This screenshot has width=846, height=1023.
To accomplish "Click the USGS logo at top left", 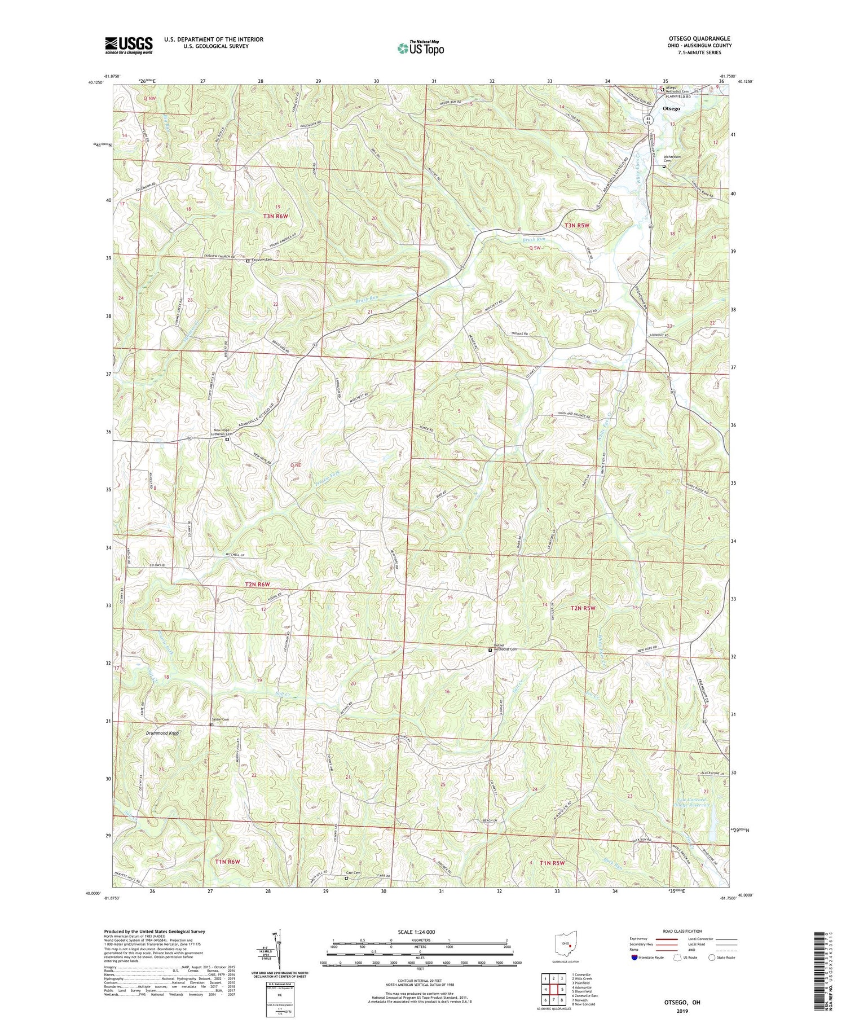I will pos(129,45).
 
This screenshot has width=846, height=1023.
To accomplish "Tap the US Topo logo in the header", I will pos(420,48).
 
